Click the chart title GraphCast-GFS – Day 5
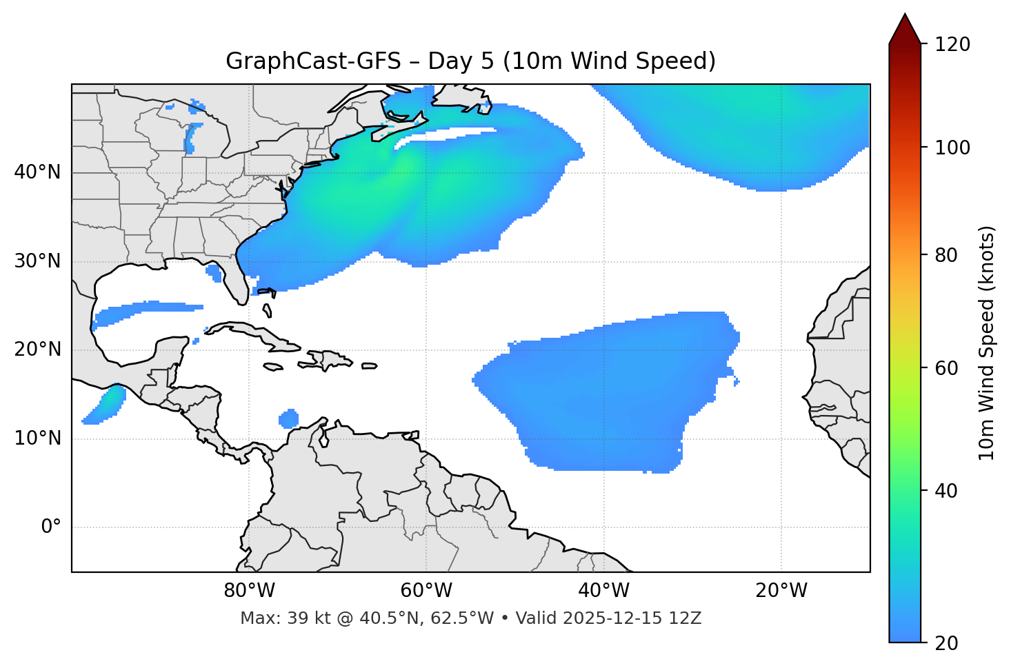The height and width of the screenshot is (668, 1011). (470, 61)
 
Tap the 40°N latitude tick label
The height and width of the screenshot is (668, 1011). (37, 172)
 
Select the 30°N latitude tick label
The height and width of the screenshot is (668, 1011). (37, 261)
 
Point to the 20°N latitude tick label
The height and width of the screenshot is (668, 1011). (37, 350)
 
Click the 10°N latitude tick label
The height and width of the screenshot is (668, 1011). (37, 438)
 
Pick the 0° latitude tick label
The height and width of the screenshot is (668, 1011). (51, 527)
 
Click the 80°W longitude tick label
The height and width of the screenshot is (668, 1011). (249, 591)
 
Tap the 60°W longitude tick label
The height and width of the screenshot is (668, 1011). (426, 591)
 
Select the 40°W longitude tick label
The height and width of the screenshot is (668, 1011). (603, 591)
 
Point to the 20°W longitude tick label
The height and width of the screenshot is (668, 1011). (781, 591)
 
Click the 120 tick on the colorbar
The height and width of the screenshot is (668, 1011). (952, 45)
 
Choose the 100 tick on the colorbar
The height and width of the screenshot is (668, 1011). (952, 148)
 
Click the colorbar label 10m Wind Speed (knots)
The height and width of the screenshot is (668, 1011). (987, 343)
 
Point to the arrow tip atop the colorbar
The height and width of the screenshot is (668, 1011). (905, 15)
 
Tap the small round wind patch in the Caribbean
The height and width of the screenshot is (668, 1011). (288, 418)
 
